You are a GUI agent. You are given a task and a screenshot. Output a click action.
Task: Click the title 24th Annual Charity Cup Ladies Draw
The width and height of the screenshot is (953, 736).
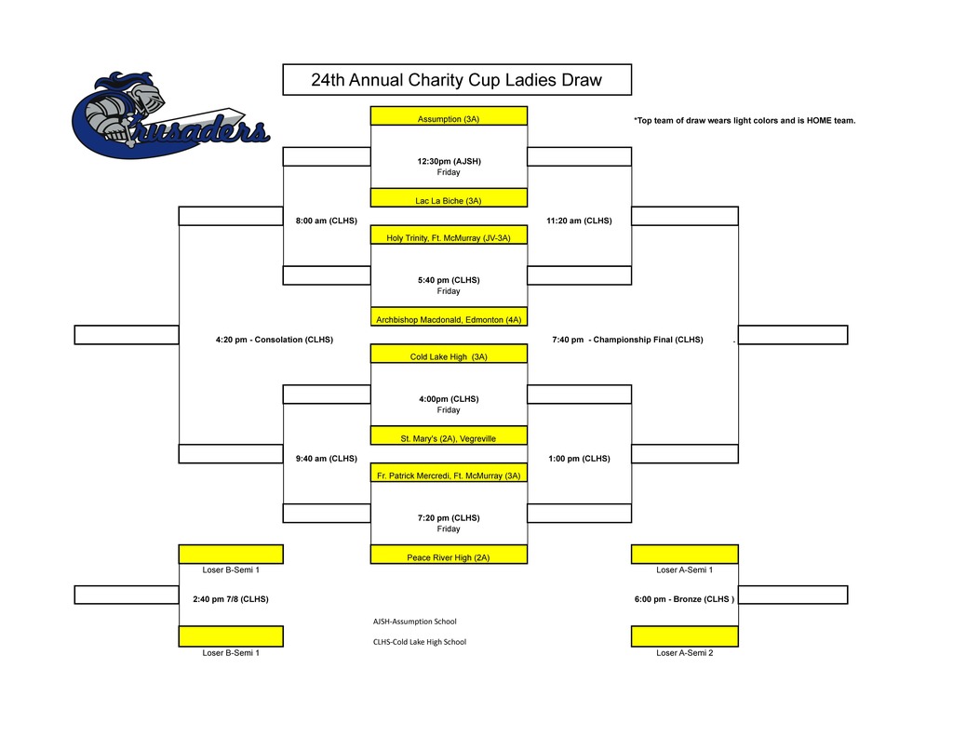456,80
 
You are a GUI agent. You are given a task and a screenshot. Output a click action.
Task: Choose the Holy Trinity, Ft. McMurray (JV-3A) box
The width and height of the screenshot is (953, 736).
449,236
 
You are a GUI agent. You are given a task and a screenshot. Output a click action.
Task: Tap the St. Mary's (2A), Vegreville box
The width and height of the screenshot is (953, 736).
449,436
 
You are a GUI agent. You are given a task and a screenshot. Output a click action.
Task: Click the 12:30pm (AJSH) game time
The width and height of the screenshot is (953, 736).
449,161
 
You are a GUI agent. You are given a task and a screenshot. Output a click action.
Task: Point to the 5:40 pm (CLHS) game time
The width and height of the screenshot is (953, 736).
449,279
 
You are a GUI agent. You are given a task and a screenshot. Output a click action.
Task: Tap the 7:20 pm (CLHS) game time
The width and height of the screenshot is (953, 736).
449,517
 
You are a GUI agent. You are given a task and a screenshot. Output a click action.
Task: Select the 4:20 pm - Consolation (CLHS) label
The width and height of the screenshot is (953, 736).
274,340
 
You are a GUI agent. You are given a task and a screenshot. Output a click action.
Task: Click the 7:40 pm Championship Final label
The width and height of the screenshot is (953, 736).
627,340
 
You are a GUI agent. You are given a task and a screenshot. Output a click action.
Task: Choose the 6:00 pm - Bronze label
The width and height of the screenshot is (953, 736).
684,598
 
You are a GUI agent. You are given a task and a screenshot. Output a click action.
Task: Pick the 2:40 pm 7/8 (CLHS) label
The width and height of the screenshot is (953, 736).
231,598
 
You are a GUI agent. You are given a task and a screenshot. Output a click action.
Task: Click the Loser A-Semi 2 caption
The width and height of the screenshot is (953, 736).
684,652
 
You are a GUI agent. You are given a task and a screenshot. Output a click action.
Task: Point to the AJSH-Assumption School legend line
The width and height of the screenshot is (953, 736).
414,621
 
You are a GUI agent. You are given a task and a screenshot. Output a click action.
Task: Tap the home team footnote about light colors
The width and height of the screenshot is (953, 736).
744,121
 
